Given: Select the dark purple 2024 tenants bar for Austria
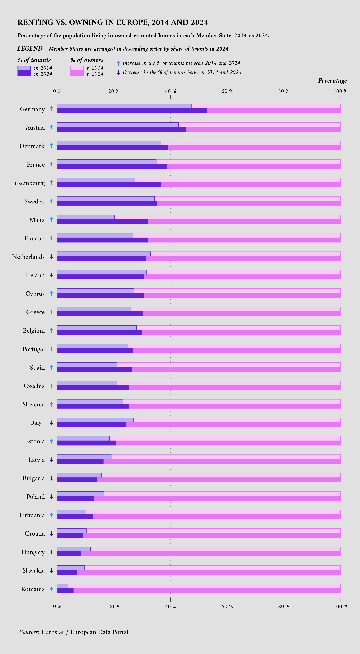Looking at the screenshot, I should (121, 129).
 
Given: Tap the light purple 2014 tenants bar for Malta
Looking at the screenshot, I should (86, 217).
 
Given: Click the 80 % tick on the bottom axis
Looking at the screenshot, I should (284, 607).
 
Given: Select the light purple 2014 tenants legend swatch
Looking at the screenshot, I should (24, 68).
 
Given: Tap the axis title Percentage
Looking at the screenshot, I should (332, 81).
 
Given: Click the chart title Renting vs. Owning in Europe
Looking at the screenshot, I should (113, 22).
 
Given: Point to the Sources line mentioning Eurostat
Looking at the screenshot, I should (75, 632).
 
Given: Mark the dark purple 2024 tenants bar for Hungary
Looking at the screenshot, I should (69, 554).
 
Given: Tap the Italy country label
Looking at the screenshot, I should (36, 423).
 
